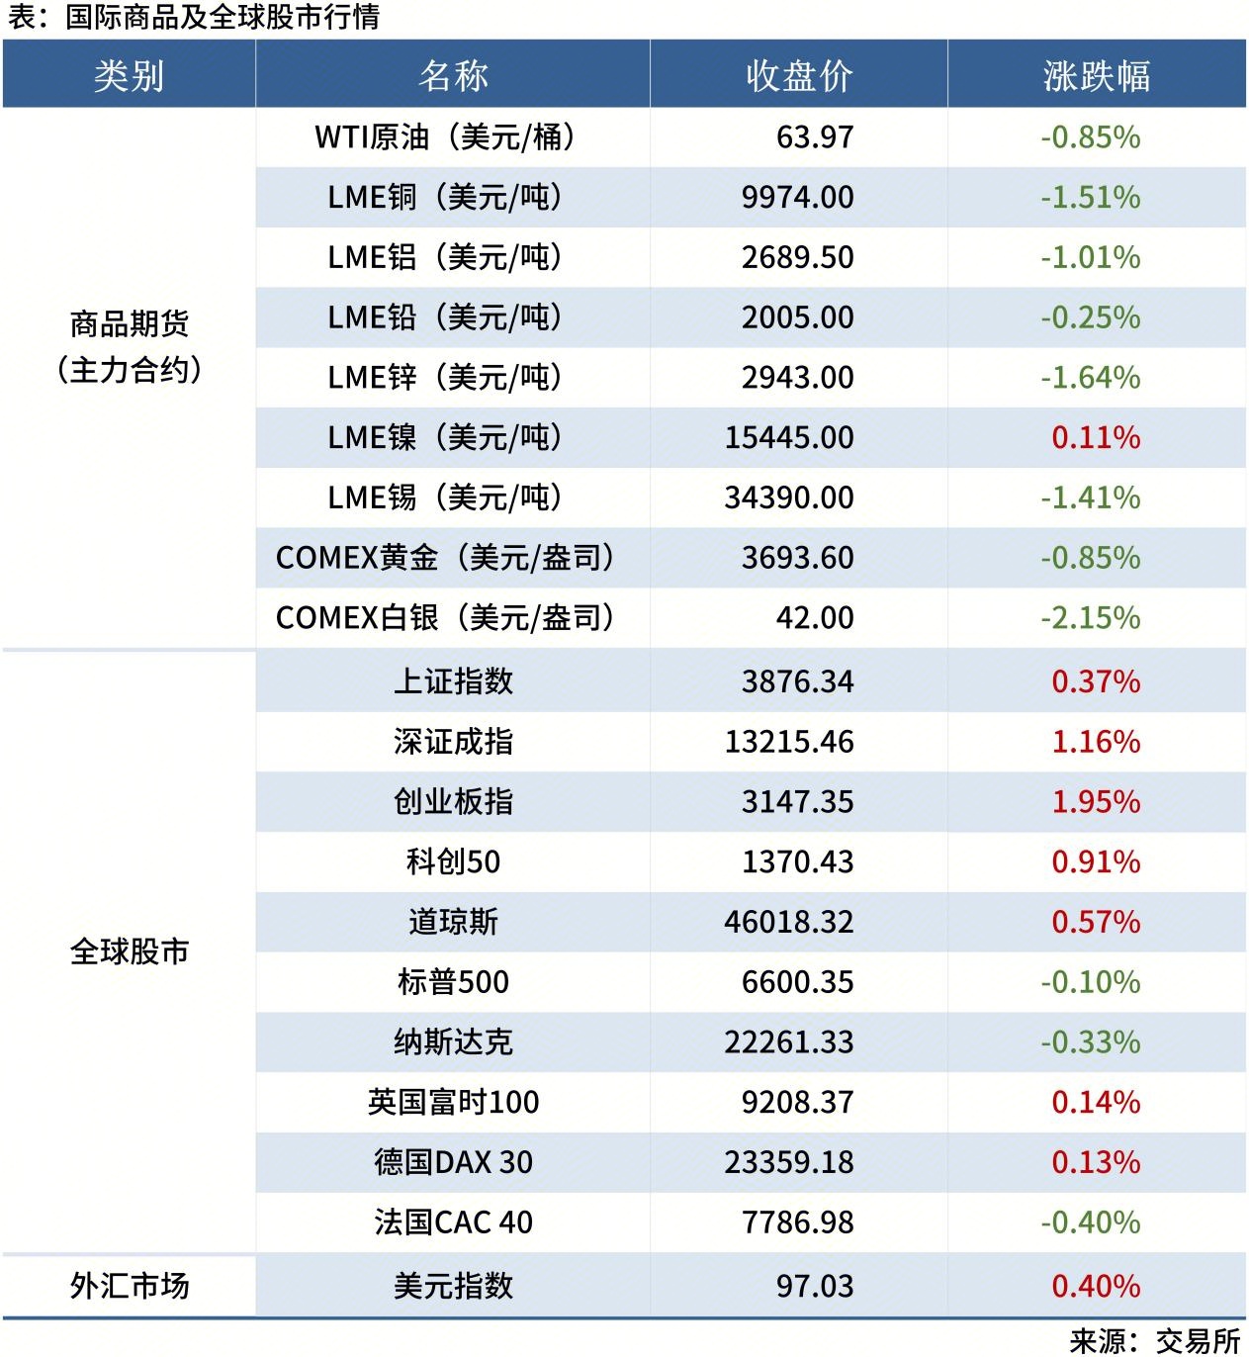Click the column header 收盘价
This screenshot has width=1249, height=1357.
pos(798,76)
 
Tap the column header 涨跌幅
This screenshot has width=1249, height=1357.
pos(1096,76)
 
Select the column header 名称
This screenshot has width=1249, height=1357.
pos(453,76)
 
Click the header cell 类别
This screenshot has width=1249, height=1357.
pos(129,76)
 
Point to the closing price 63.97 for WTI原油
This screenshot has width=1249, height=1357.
pos(814,136)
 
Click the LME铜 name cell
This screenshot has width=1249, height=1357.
pos(445,197)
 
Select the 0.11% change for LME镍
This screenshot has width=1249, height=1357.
pos(1095,437)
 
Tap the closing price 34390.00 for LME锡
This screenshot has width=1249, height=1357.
pos(788,498)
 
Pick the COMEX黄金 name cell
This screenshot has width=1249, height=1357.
pos(445,558)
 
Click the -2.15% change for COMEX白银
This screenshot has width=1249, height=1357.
pos(1090,618)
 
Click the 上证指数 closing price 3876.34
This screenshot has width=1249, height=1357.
pos(797,681)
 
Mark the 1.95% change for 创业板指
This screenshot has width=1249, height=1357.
pos(1095,802)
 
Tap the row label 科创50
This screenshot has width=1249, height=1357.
pos(453,861)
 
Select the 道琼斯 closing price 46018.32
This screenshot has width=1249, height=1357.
pos(788,922)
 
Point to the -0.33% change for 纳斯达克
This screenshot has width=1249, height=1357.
pos(1090,1042)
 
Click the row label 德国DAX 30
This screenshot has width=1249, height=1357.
pos(453,1162)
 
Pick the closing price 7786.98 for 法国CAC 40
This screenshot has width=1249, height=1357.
pos(797,1222)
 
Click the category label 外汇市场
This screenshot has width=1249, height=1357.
pos(129,1286)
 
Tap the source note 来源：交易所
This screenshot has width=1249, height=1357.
pos(1154,1340)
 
